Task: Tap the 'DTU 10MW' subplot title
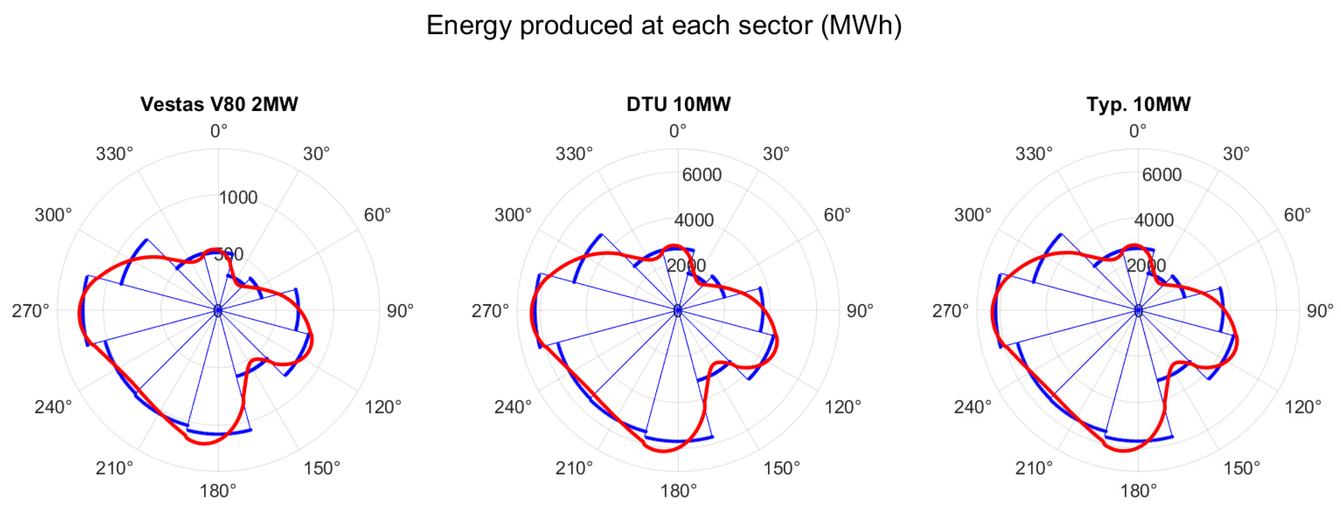pos(678,104)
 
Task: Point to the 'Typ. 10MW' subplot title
pos(1138,104)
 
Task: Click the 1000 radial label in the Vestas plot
pos(238,198)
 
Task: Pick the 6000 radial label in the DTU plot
pos(702,175)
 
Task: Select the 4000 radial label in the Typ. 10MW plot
pos(1154,220)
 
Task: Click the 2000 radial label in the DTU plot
pos(686,265)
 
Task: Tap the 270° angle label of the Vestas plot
pos(30,311)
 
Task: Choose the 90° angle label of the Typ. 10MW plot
pos(1320,311)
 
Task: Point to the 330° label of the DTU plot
pos(574,154)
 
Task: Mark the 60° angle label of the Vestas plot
pos(377,214)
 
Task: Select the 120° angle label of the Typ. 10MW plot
pos(1302,406)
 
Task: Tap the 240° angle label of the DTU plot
pos(513,406)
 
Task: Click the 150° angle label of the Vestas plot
pos(322,468)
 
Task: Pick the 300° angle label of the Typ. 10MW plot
pos(972,214)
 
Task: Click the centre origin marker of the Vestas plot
pos(218,311)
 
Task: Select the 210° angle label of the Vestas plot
pos(114,468)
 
